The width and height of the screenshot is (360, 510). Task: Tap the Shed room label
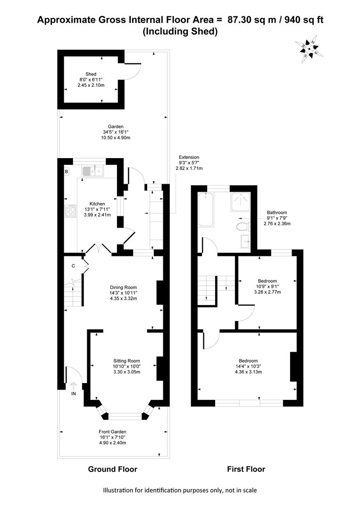point(91,74)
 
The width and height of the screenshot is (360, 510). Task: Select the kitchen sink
point(92,171)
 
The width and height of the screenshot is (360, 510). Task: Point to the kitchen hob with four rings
point(71,212)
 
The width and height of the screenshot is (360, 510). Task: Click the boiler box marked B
point(66,171)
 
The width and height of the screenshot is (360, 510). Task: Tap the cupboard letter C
point(73,266)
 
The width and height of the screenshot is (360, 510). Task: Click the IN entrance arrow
point(74,386)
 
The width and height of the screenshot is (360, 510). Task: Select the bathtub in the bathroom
point(206,209)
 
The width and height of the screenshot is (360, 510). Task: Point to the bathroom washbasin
point(245,241)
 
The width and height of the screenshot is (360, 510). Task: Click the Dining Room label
point(123,287)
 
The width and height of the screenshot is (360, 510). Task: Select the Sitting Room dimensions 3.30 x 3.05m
point(127,372)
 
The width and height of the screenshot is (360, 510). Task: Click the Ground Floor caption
point(113,469)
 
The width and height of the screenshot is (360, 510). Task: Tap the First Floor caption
point(246,469)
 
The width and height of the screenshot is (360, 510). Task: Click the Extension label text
point(189,157)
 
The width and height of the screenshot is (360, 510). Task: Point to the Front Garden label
point(112,432)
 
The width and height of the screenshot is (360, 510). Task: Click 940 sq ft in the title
point(304,20)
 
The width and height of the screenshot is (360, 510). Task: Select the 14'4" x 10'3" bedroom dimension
point(248,366)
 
